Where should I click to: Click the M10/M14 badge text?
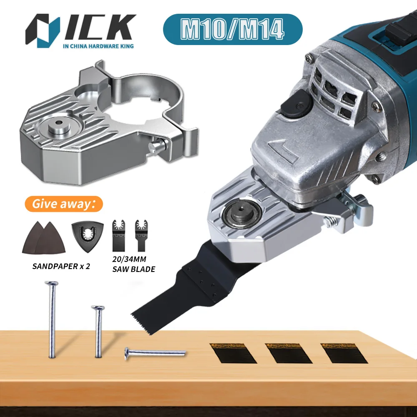pos(232,29)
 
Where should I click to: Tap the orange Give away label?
pos(64,204)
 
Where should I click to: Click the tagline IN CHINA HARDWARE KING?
pos(98,46)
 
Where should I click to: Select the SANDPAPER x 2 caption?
pos(61,266)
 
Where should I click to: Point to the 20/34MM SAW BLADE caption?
pos(133,264)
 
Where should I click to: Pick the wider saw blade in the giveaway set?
pos(118,236)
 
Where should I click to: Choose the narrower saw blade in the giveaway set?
pos(141,236)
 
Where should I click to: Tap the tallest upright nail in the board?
pos(52,319)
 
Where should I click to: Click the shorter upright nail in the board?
pos(98,332)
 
